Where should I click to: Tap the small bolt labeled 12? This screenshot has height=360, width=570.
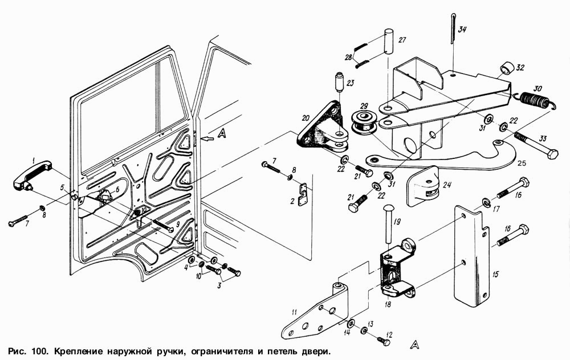[384, 341]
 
